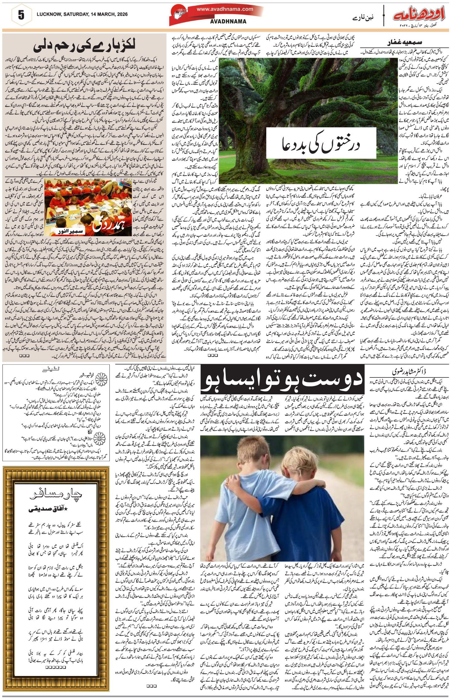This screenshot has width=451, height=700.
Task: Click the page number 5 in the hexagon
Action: pos(21,15)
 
